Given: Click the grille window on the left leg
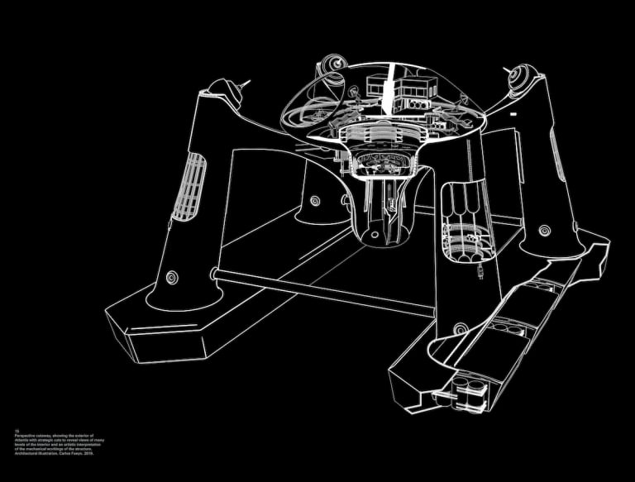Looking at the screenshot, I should pyautogui.click(x=189, y=186).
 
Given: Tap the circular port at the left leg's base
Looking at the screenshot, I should pyautogui.click(x=171, y=277).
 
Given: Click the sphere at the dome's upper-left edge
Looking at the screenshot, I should pyautogui.click(x=330, y=65).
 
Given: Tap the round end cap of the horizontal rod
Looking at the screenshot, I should pyautogui.click(x=213, y=272).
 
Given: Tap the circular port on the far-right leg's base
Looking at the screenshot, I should pyautogui.click(x=544, y=229).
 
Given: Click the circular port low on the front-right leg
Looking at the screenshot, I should pyautogui.click(x=458, y=329).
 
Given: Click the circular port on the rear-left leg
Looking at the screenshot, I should pyautogui.click(x=313, y=198).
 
